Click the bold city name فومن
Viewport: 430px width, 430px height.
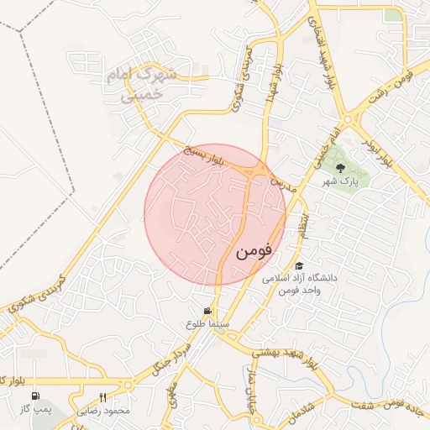click(254, 250)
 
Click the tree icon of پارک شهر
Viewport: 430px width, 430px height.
click(340, 167)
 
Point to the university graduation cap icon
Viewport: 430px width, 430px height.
click(299, 265)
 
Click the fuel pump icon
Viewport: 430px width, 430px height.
click(35, 397)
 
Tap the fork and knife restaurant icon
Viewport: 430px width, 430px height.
click(103, 397)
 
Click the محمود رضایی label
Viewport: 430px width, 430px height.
click(104, 411)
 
